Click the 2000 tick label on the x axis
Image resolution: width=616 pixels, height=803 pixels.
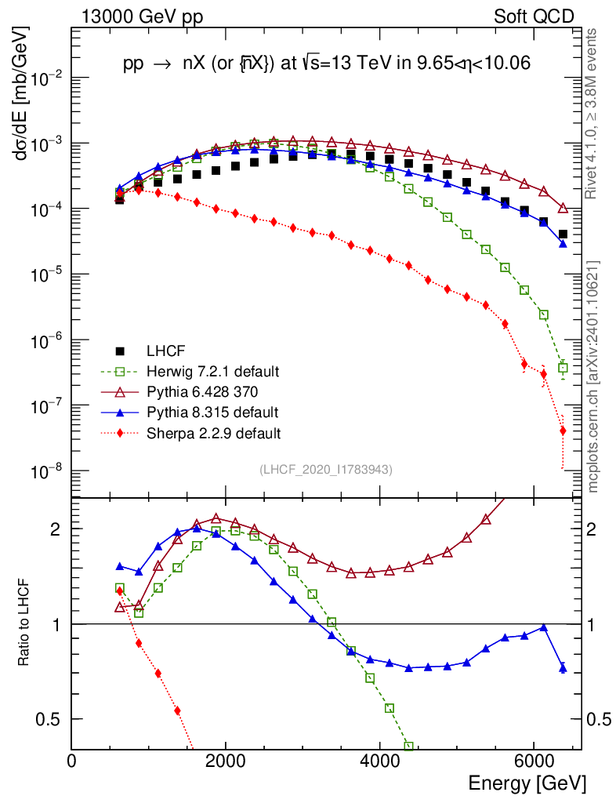click(x=226, y=761)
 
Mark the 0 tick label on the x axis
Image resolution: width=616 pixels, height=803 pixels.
click(x=72, y=761)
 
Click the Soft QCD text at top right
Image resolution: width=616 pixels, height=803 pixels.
click(x=534, y=16)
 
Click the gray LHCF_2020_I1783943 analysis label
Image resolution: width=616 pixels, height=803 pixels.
click(x=326, y=470)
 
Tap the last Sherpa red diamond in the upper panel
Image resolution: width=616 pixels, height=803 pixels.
click(x=563, y=431)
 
